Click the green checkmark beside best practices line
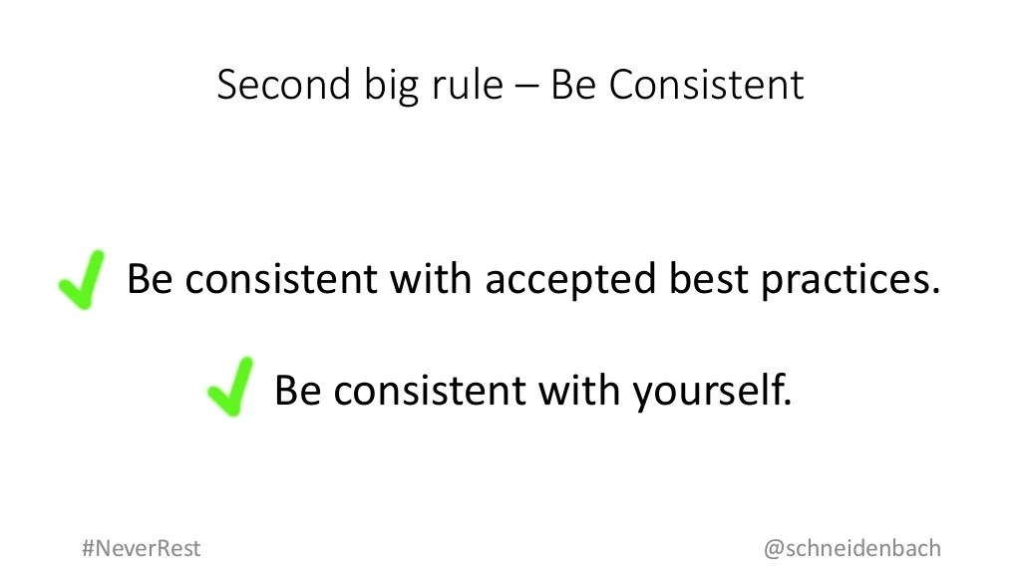coord(81,278)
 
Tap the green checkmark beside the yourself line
coord(229,387)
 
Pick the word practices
coord(851,280)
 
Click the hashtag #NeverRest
coord(141,548)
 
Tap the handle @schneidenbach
coord(851,548)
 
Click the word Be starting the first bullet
coord(151,279)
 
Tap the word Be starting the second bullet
coord(298,390)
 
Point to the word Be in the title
coord(572,86)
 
